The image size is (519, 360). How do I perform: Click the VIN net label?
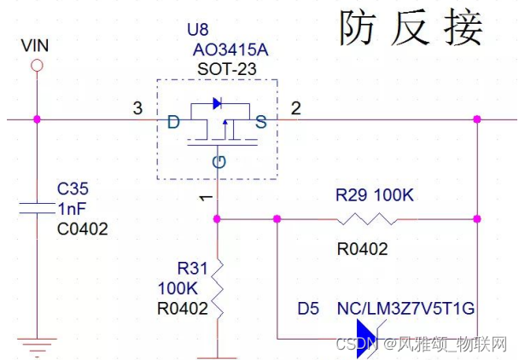coord(35,44)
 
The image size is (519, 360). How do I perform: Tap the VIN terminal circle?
coord(36,65)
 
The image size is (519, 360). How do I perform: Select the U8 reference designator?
coord(196,29)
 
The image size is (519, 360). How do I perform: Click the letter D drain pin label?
coord(173,123)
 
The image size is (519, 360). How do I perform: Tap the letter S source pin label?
coord(260,123)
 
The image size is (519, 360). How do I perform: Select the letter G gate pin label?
coord(219,161)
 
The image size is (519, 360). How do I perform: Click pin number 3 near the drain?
coord(137,108)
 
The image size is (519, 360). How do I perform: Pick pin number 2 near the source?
coord(295,108)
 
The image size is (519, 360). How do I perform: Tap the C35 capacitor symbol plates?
coord(36,207)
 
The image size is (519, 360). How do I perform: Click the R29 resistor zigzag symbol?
coord(364,218)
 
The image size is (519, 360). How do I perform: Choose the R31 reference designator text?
coord(190,268)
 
